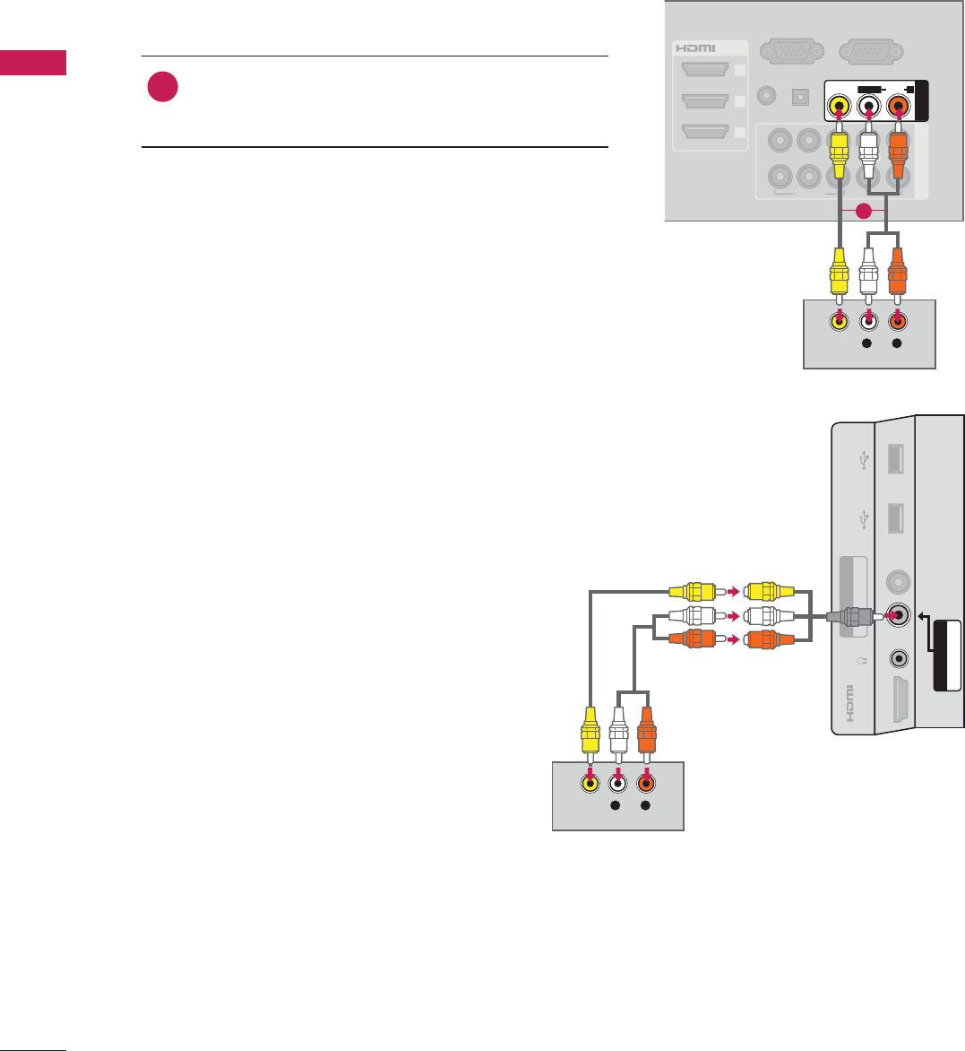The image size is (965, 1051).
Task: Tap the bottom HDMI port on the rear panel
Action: pos(705,132)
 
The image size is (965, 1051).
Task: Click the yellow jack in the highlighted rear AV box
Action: pos(839,105)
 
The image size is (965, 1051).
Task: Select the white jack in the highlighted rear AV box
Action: pos(868,105)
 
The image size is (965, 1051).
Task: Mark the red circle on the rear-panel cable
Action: pos(863,212)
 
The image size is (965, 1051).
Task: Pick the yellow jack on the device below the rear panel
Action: pos(839,320)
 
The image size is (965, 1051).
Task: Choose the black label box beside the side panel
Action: pos(946,656)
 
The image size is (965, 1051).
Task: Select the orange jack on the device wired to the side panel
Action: pos(646,783)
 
